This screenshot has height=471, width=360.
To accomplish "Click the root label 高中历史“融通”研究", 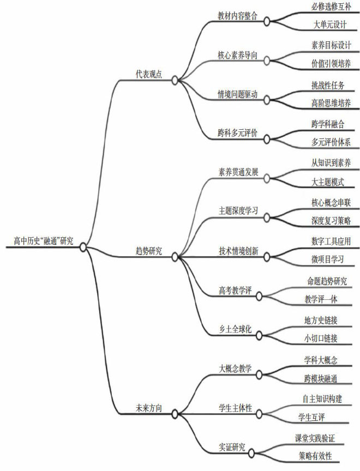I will [43, 240].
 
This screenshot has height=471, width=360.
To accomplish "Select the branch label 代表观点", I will [149, 74].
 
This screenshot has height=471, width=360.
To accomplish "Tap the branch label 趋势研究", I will [149, 251].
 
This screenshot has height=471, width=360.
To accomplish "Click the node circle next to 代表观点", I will [175, 80].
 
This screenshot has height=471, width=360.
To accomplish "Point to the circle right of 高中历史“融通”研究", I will [83, 247].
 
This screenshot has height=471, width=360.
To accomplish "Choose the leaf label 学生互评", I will [315, 417].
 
